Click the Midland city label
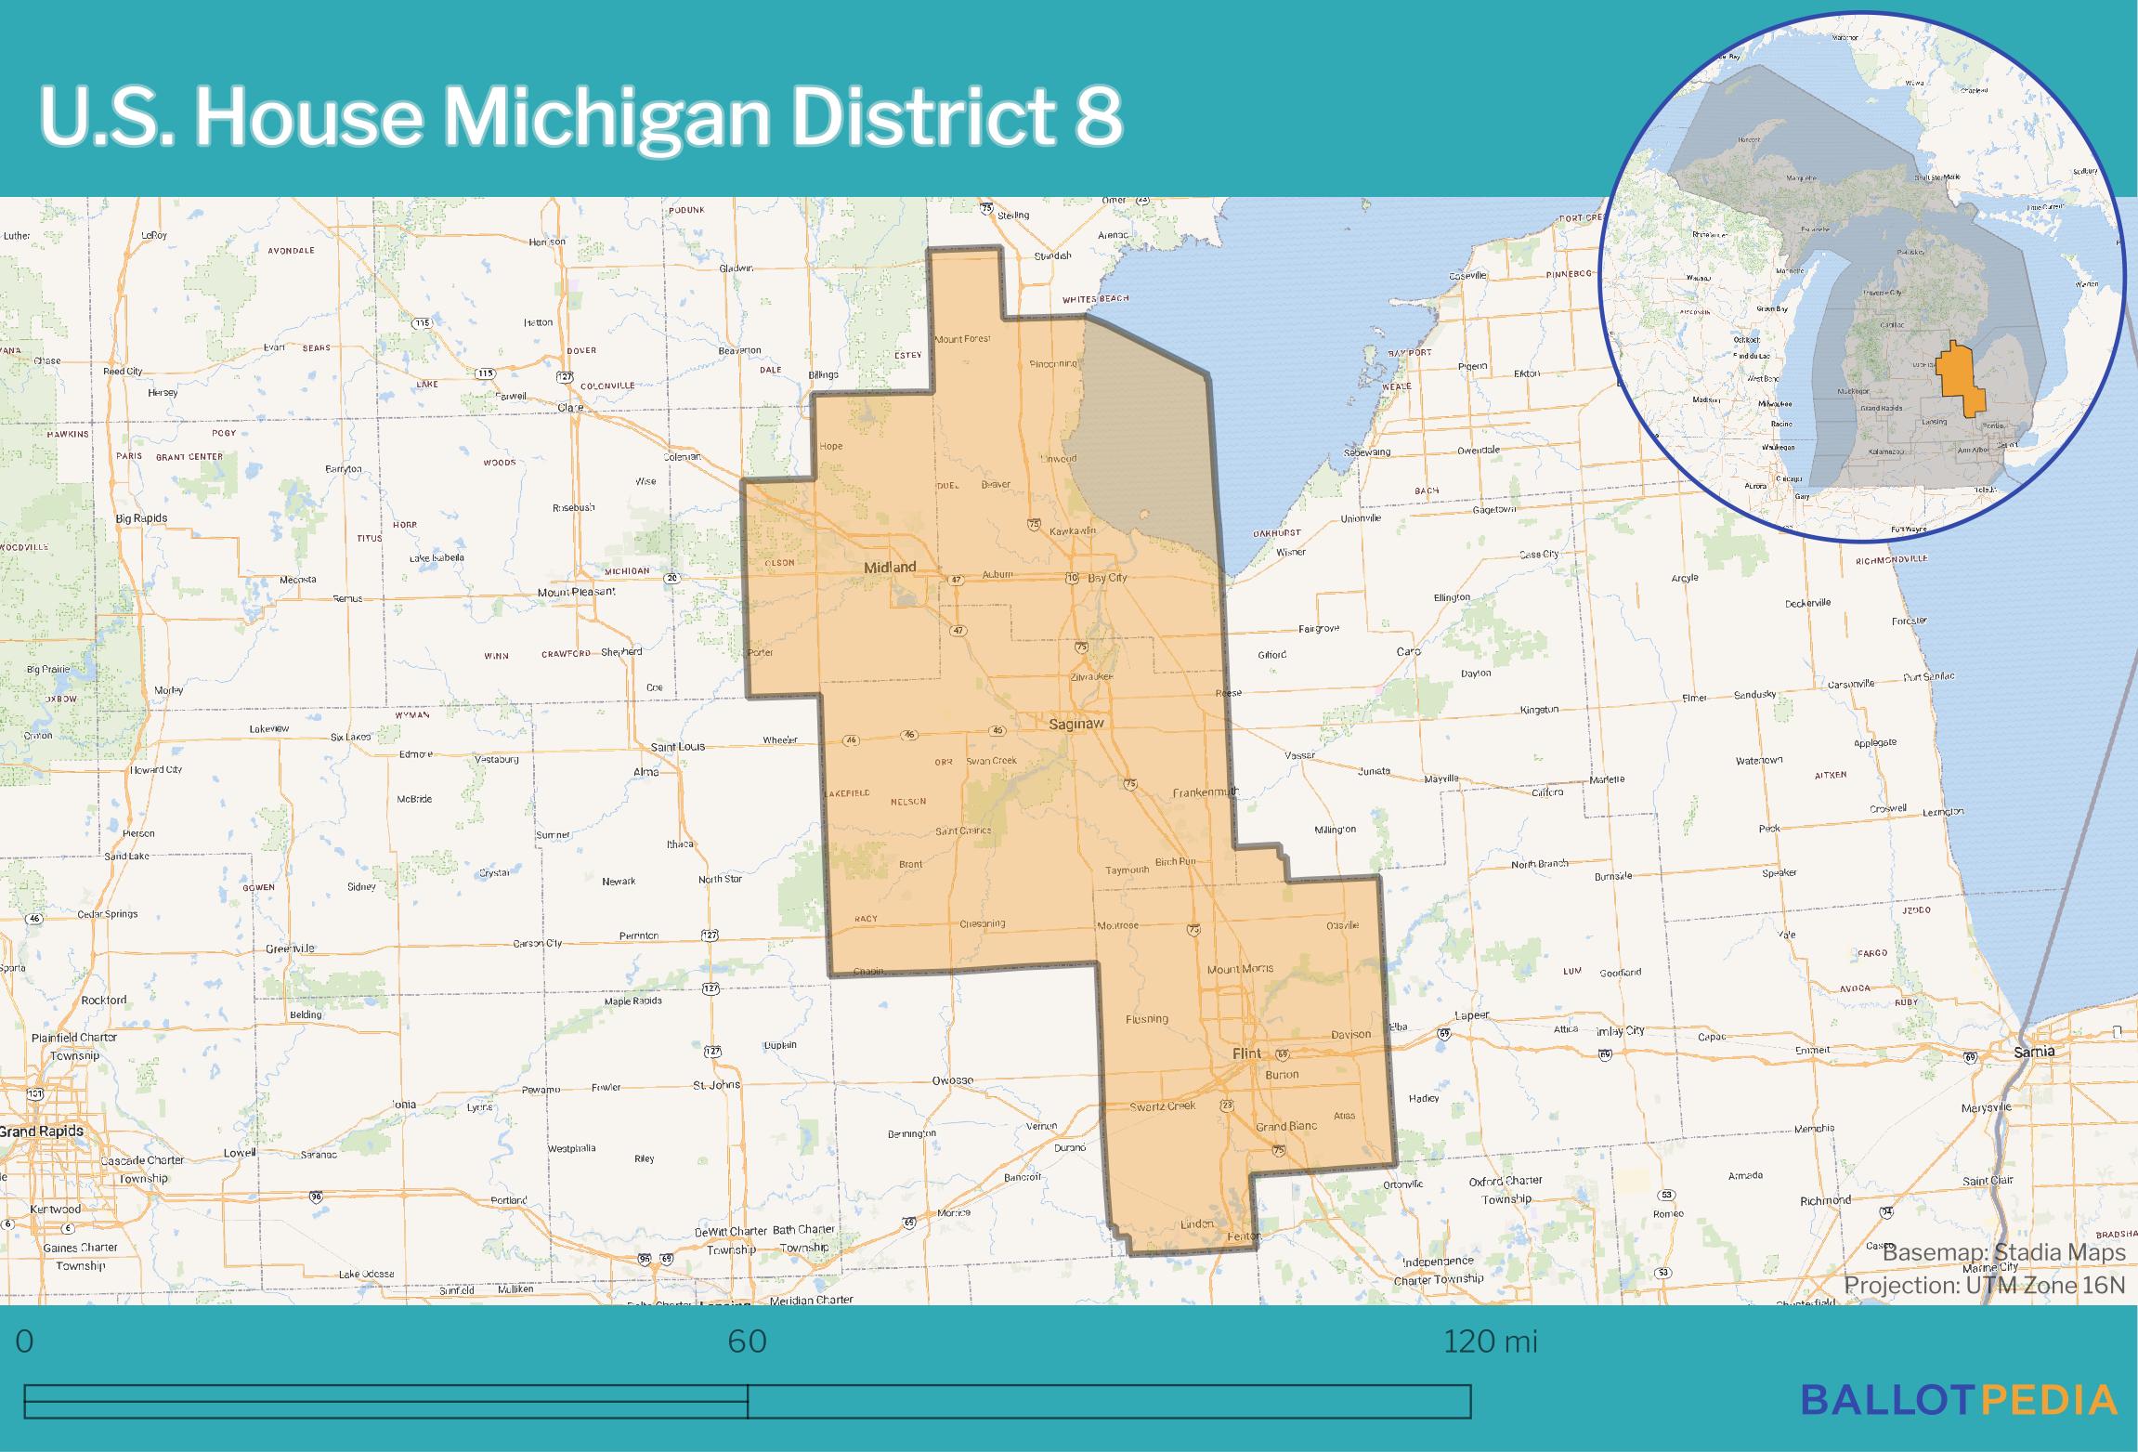click(889, 568)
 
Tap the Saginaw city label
click(1075, 724)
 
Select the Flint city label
click(1246, 1053)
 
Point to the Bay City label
click(1107, 578)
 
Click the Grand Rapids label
click(42, 1132)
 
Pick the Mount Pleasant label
click(576, 592)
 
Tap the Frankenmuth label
click(1206, 792)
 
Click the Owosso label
click(952, 1080)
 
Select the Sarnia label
click(2034, 1053)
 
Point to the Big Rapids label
click(141, 517)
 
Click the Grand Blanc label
click(1286, 1127)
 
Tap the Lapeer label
click(1472, 1015)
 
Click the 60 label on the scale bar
click(747, 1342)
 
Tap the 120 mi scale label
click(1490, 1342)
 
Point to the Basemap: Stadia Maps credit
click(2003, 1253)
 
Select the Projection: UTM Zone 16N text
click(1984, 1285)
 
